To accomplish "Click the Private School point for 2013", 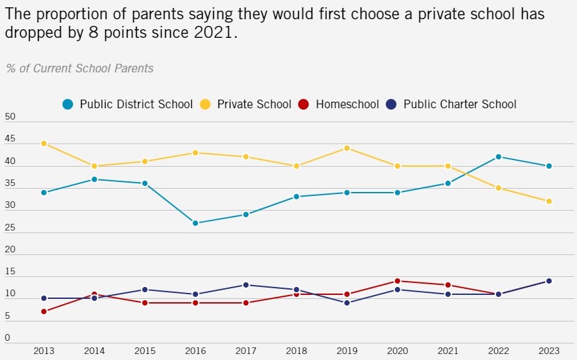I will point(44,143).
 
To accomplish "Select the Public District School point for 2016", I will point(195,223).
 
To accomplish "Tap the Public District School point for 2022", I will point(498,157).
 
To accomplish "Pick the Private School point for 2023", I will point(548,201).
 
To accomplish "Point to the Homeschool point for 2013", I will point(44,312).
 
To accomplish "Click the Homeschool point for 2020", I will point(397,281).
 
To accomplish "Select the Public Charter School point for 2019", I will point(347,303).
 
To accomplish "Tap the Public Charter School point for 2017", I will point(246,285).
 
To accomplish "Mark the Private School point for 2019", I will point(347,148).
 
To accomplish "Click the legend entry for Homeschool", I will point(339,104).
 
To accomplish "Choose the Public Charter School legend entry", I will point(452,104).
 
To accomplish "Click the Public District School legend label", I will point(136,104).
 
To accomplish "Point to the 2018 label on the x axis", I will point(296,350).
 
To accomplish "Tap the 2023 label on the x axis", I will point(548,350).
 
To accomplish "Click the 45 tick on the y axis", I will point(10,139).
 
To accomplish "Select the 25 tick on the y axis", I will point(10,228).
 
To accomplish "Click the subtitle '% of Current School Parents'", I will point(80,68).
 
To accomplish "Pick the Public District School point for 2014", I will point(94,179).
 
